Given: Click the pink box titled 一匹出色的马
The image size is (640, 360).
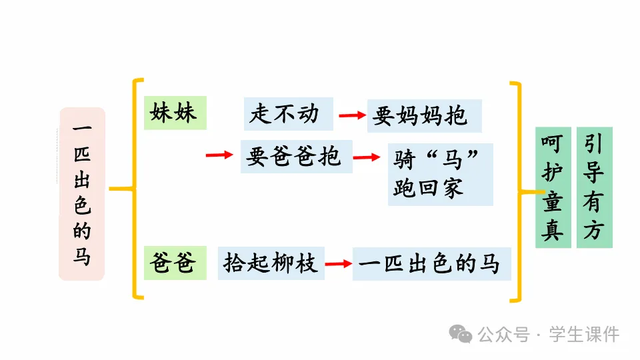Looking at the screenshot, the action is pos(81,193).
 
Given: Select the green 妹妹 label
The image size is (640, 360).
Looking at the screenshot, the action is pos(175,113).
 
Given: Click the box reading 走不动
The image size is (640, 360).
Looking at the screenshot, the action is pos(288,115).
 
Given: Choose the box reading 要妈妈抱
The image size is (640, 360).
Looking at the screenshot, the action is pos(424,116).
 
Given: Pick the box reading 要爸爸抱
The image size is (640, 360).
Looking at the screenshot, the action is pos(296,157).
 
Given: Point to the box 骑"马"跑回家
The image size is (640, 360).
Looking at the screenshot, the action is pos(440,174).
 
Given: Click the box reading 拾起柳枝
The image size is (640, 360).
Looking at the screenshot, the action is pos(271,263).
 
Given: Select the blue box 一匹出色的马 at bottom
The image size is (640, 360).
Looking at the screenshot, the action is pos(431,264).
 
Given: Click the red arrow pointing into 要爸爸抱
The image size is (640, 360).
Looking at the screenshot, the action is pos(219,155).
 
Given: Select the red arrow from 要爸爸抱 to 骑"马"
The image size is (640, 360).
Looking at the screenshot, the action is pos(366,158).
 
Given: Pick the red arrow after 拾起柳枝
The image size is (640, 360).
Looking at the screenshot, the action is pos(338,264).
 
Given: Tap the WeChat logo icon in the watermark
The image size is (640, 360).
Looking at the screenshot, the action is pos(460,333).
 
